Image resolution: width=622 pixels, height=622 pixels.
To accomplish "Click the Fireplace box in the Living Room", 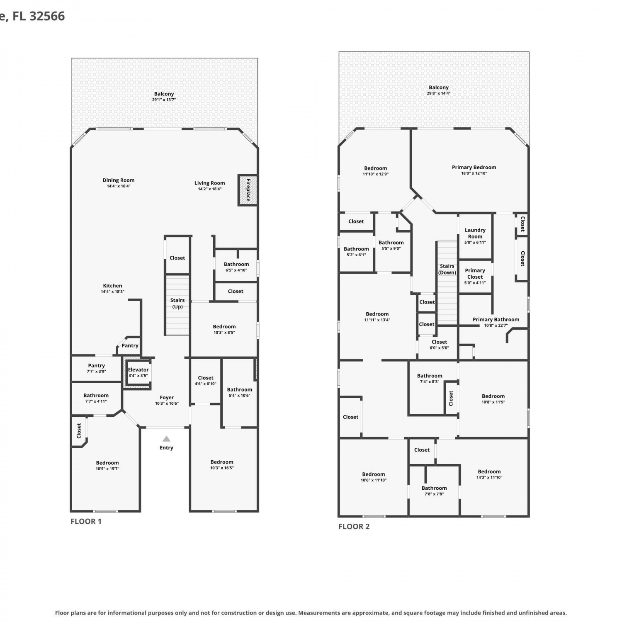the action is click(248, 190).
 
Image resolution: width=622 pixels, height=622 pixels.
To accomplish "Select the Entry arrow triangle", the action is click(166, 439).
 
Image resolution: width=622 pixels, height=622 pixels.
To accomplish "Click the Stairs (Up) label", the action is click(177, 303).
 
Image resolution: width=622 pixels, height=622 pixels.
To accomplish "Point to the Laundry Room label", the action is click(475, 233).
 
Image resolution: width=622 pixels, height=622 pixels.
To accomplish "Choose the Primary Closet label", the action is click(475, 273).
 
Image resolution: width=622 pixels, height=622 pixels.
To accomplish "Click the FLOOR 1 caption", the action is click(86, 521).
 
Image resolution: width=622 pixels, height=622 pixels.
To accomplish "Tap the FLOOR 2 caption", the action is click(354, 526).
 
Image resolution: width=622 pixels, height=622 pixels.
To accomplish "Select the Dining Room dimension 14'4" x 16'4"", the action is click(119, 186).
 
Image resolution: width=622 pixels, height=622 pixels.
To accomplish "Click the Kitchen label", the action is click(112, 286).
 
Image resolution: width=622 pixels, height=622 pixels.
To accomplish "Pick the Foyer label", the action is click(167, 397).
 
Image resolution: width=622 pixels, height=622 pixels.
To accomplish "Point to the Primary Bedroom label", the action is click(474, 167).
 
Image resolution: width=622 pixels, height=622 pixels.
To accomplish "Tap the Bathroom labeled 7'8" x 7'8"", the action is click(434, 491).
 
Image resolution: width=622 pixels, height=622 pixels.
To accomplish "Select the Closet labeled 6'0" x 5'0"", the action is click(439, 345).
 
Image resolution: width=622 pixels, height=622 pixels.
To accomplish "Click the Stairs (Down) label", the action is click(447, 269).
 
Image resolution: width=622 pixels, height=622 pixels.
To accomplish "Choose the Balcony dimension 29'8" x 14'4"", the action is click(439, 93).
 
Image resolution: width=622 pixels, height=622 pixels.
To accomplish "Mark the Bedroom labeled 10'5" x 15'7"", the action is click(107, 465).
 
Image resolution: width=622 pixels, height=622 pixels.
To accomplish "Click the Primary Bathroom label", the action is click(496, 319).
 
